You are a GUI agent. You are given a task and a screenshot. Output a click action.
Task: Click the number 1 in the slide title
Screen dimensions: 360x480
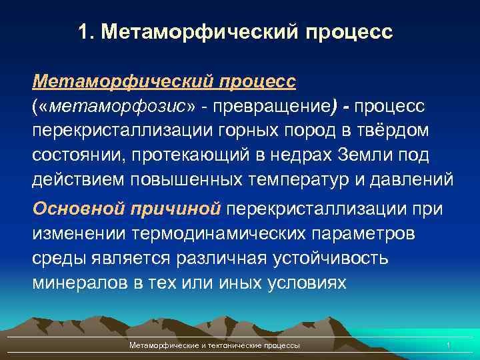tap(83, 32)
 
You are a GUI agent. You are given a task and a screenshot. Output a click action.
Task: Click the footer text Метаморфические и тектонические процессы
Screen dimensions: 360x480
tap(214, 345)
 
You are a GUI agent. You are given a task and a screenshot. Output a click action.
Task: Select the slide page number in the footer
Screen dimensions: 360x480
tap(449, 345)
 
